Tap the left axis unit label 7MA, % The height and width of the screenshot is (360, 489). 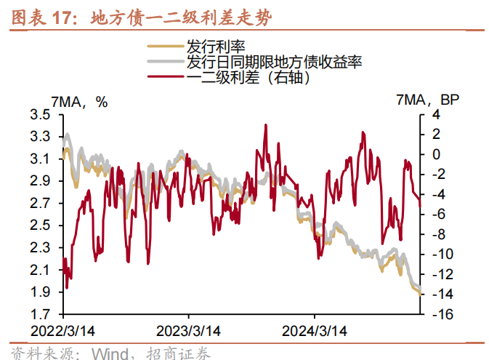[80, 102]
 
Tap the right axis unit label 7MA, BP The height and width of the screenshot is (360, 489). [428, 100]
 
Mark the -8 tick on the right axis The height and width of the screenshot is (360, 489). [438, 235]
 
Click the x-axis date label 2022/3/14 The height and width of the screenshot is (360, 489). [63, 330]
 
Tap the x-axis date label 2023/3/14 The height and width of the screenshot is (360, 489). [189, 330]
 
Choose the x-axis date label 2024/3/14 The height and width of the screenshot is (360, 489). [315, 330]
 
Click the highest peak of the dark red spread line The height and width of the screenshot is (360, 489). [265, 125]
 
